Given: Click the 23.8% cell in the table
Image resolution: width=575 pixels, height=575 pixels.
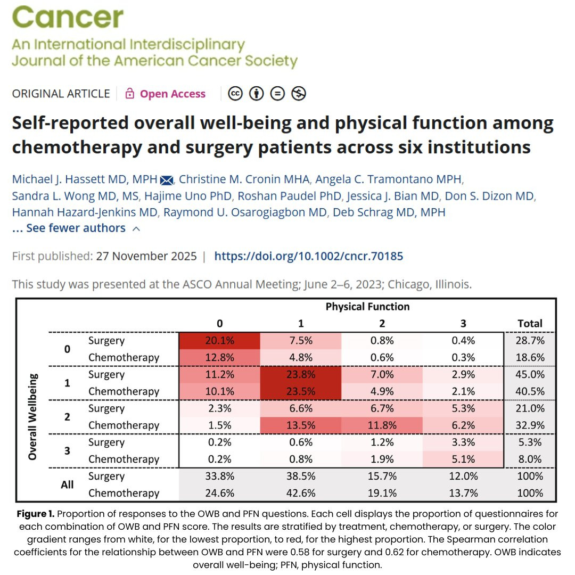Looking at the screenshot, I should pyautogui.click(x=301, y=374).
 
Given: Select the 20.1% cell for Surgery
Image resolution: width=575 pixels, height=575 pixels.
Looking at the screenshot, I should pyautogui.click(x=219, y=341).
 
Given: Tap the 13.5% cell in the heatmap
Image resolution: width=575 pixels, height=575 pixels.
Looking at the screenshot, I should pyautogui.click(x=301, y=425).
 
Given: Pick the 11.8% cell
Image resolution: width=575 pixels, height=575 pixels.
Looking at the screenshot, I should pyautogui.click(x=382, y=425).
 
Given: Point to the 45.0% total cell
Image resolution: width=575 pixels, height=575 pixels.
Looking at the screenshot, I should pyautogui.click(x=530, y=374).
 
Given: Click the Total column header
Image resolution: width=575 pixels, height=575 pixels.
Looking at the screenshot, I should pyautogui.click(x=530, y=323).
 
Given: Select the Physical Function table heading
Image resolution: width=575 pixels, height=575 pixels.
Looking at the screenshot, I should pyautogui.click(x=367, y=307).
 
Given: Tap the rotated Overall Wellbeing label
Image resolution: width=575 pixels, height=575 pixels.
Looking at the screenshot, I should pyautogui.click(x=33, y=416).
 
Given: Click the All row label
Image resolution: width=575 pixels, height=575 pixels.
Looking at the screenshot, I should pyautogui.click(x=67, y=484).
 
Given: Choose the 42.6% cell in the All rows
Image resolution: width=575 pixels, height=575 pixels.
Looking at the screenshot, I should pyautogui.click(x=301, y=493).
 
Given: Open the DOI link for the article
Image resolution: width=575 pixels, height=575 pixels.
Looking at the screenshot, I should pyautogui.click(x=308, y=256).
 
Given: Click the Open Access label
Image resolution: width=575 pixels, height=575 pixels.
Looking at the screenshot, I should pyautogui.click(x=172, y=94).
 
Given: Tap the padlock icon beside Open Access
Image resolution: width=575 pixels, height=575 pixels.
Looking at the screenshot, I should pyautogui.click(x=129, y=94).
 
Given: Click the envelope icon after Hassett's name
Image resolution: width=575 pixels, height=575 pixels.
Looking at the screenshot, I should pyautogui.click(x=167, y=180).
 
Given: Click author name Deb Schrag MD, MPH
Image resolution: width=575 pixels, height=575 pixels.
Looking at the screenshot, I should pyautogui.click(x=389, y=212).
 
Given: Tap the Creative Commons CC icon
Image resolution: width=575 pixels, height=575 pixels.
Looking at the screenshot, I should pyautogui.click(x=235, y=94).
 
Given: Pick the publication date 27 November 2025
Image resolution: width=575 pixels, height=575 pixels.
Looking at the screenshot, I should pyautogui.click(x=146, y=256).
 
